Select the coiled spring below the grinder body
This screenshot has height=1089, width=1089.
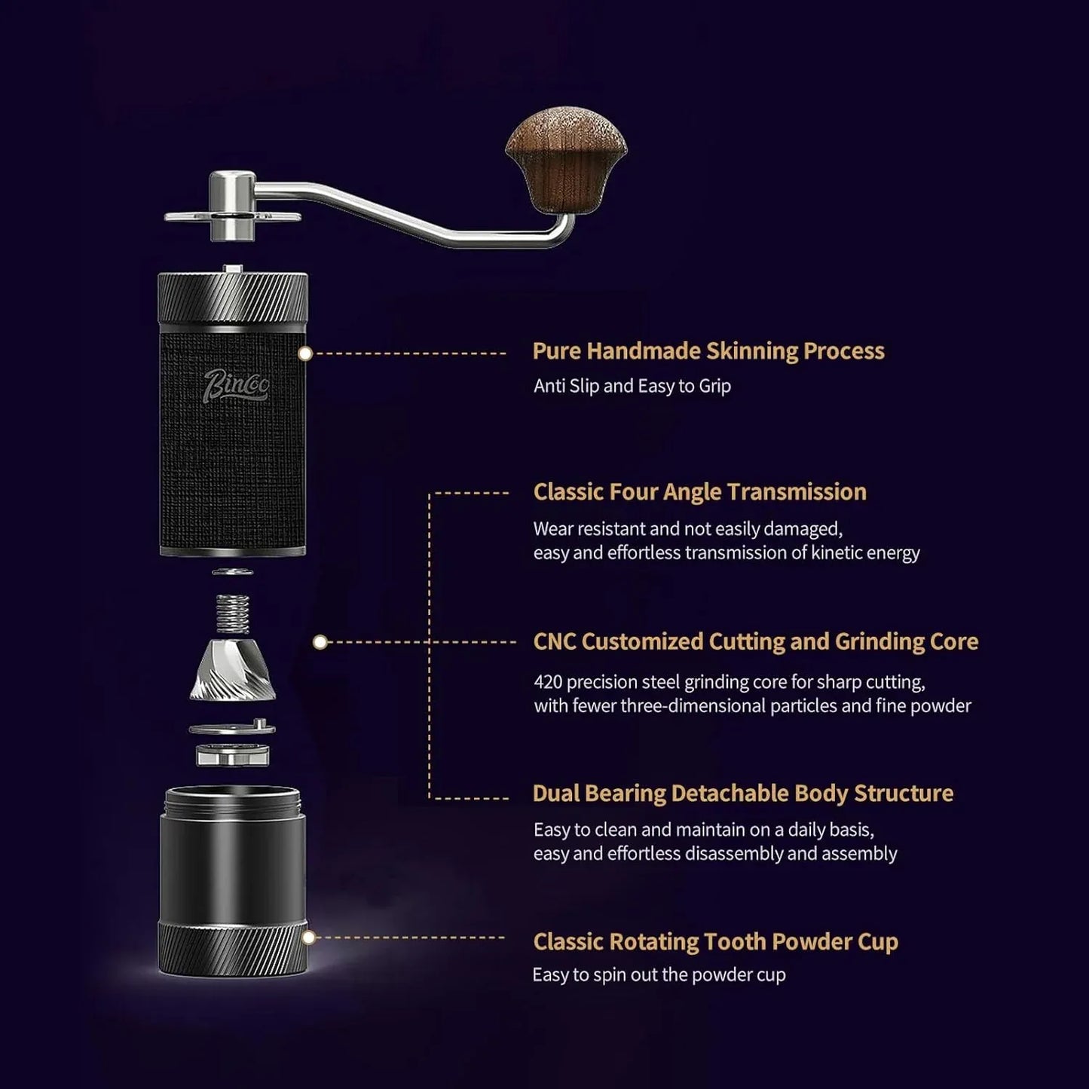[233, 613]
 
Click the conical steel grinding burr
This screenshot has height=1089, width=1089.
[233, 670]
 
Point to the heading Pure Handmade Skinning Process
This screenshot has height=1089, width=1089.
[708, 351]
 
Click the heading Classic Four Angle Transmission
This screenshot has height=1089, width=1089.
[699, 492]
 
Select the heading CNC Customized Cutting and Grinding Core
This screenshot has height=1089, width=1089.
[756, 642]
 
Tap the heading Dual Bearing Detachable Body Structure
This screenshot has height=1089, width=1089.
[743, 794]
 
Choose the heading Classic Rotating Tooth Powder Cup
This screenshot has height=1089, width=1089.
[715, 942]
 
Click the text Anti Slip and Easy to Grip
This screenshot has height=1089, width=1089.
[632, 386]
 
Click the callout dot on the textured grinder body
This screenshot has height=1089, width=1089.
[305, 353]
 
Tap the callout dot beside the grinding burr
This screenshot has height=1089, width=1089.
[320, 642]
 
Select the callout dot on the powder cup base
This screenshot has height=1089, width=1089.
[308, 938]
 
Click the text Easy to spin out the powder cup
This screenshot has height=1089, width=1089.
[659, 975]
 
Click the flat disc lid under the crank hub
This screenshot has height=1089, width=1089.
[233, 216]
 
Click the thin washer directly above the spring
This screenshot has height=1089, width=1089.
[233, 572]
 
